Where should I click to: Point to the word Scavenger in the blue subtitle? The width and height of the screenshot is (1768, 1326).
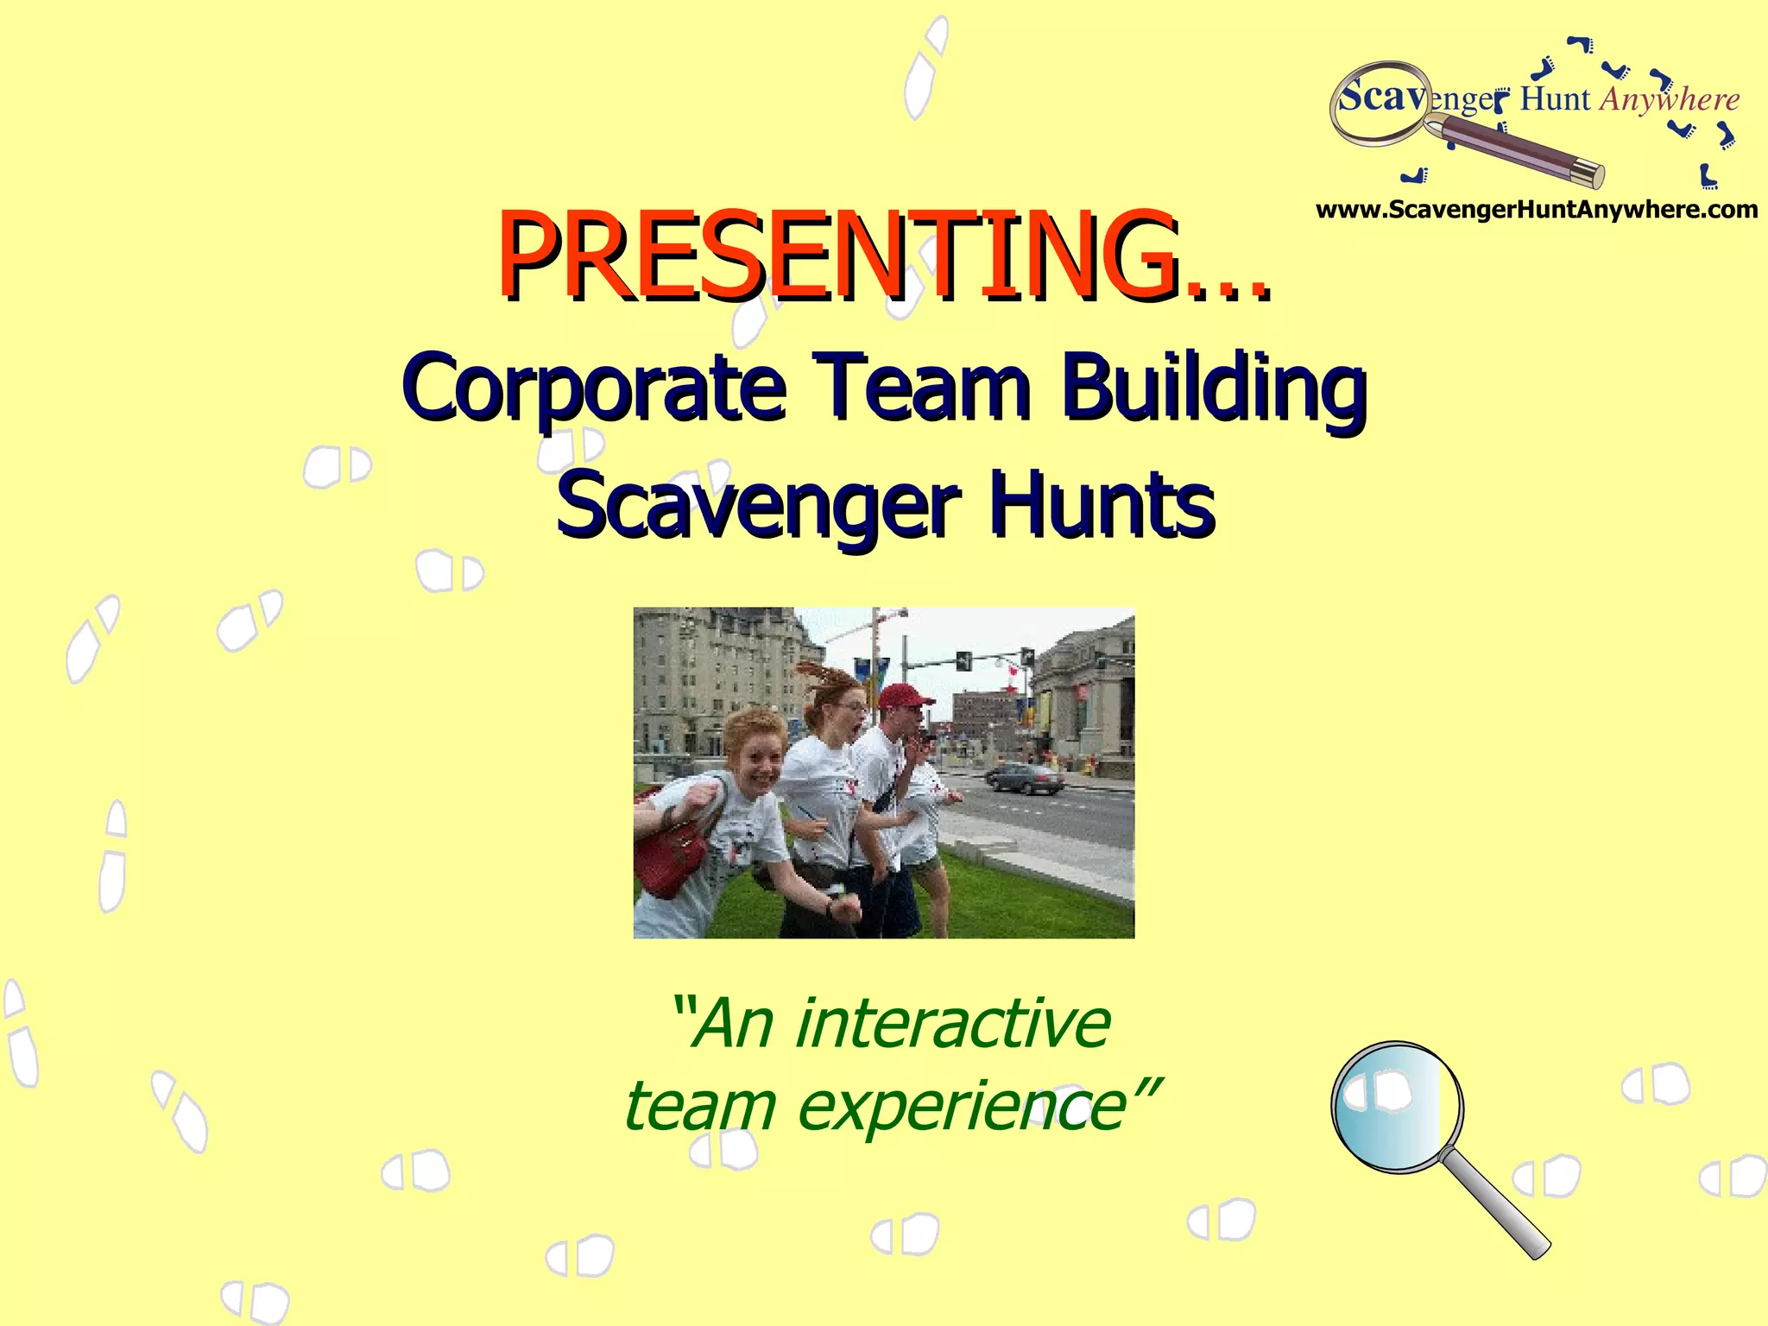point(757,505)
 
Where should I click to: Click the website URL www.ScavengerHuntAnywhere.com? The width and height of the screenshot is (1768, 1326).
point(1536,210)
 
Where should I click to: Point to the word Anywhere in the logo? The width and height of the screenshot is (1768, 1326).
point(1669,100)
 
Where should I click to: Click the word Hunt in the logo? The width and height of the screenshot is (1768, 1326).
point(1555,100)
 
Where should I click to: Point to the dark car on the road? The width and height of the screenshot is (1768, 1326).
point(1025,777)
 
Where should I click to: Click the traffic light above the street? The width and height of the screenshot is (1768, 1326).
point(963,661)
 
